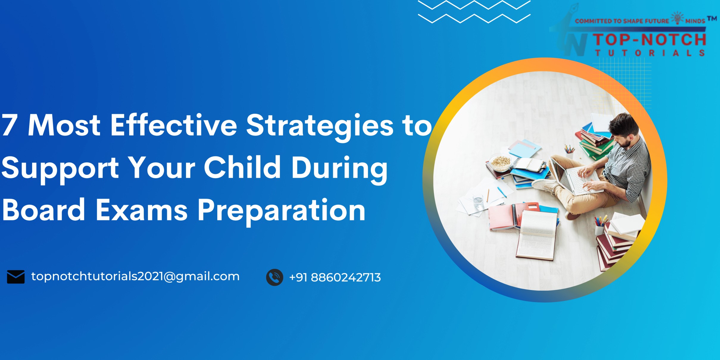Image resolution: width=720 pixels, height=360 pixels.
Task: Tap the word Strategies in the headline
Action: [320, 127]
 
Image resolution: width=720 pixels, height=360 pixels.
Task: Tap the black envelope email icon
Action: [16, 277]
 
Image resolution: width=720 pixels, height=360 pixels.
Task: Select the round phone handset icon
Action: [274, 277]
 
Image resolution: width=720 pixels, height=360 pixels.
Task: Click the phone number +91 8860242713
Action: [335, 278]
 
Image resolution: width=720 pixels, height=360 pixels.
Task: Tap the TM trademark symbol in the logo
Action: [712, 18]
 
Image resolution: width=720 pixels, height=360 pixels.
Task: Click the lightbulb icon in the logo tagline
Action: [677, 18]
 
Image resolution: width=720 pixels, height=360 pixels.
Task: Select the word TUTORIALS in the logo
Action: [650, 53]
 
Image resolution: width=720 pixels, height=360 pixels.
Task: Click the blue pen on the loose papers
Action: [502, 192]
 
